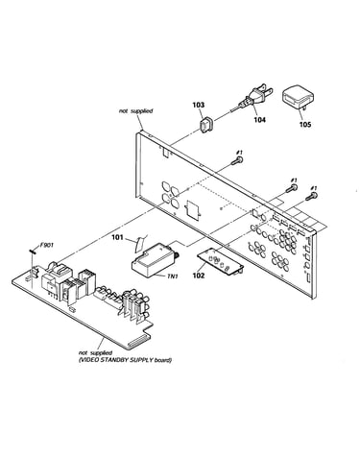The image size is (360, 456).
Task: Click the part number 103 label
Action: point(199,105)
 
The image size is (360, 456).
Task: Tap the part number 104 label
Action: point(260,120)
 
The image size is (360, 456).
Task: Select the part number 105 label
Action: point(305,124)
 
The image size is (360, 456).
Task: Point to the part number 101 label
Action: point(117,237)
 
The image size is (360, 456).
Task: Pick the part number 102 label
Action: point(199,276)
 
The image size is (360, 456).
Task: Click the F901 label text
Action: point(47,246)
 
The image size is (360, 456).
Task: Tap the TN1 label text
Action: point(172,276)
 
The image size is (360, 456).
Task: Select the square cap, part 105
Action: point(298,97)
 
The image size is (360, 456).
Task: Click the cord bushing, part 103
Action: point(207,125)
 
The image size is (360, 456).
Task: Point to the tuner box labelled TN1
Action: point(153,260)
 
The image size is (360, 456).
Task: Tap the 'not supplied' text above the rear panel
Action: point(136,111)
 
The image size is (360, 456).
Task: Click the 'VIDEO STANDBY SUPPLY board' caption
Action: point(125,360)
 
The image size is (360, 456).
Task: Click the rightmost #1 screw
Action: point(312,196)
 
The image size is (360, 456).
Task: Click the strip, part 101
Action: point(140,244)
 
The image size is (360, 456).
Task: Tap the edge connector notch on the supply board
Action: point(138,344)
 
